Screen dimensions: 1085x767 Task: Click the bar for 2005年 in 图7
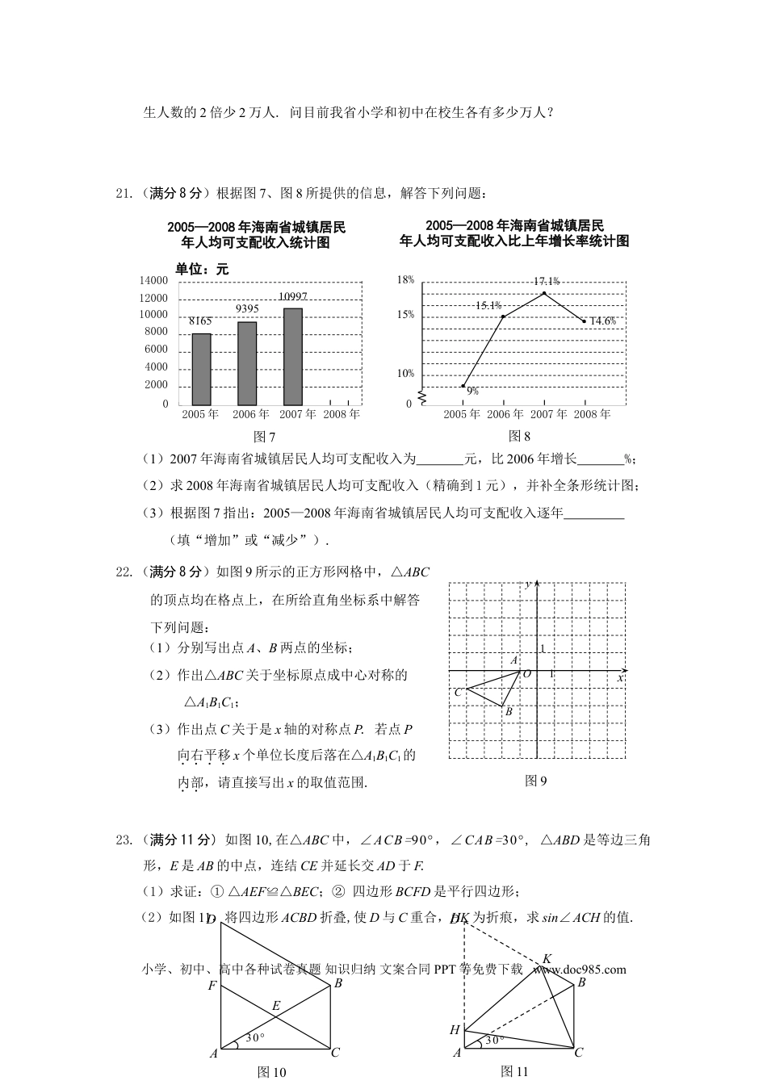201,369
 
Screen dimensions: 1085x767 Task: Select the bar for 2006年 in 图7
247,363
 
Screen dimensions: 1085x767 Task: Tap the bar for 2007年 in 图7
292,356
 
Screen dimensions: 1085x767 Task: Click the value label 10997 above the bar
292,297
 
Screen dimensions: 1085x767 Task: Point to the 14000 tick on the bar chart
153,281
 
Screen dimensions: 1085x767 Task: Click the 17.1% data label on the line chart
546,281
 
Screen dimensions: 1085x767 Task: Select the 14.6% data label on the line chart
602,321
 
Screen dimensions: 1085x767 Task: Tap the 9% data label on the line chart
473,391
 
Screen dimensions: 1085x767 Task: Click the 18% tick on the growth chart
405,280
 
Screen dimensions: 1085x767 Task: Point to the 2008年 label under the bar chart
342,414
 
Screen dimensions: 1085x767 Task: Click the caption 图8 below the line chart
519,436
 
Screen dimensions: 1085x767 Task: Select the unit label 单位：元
202,270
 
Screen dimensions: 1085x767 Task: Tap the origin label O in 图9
527,673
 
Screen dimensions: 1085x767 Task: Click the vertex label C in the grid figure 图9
458,692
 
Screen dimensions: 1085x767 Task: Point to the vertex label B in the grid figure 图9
508,712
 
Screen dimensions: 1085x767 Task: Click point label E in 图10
275,1005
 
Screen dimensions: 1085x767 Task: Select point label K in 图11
547,958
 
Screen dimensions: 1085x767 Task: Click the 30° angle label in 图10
255,1038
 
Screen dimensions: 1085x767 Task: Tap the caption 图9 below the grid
536,781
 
